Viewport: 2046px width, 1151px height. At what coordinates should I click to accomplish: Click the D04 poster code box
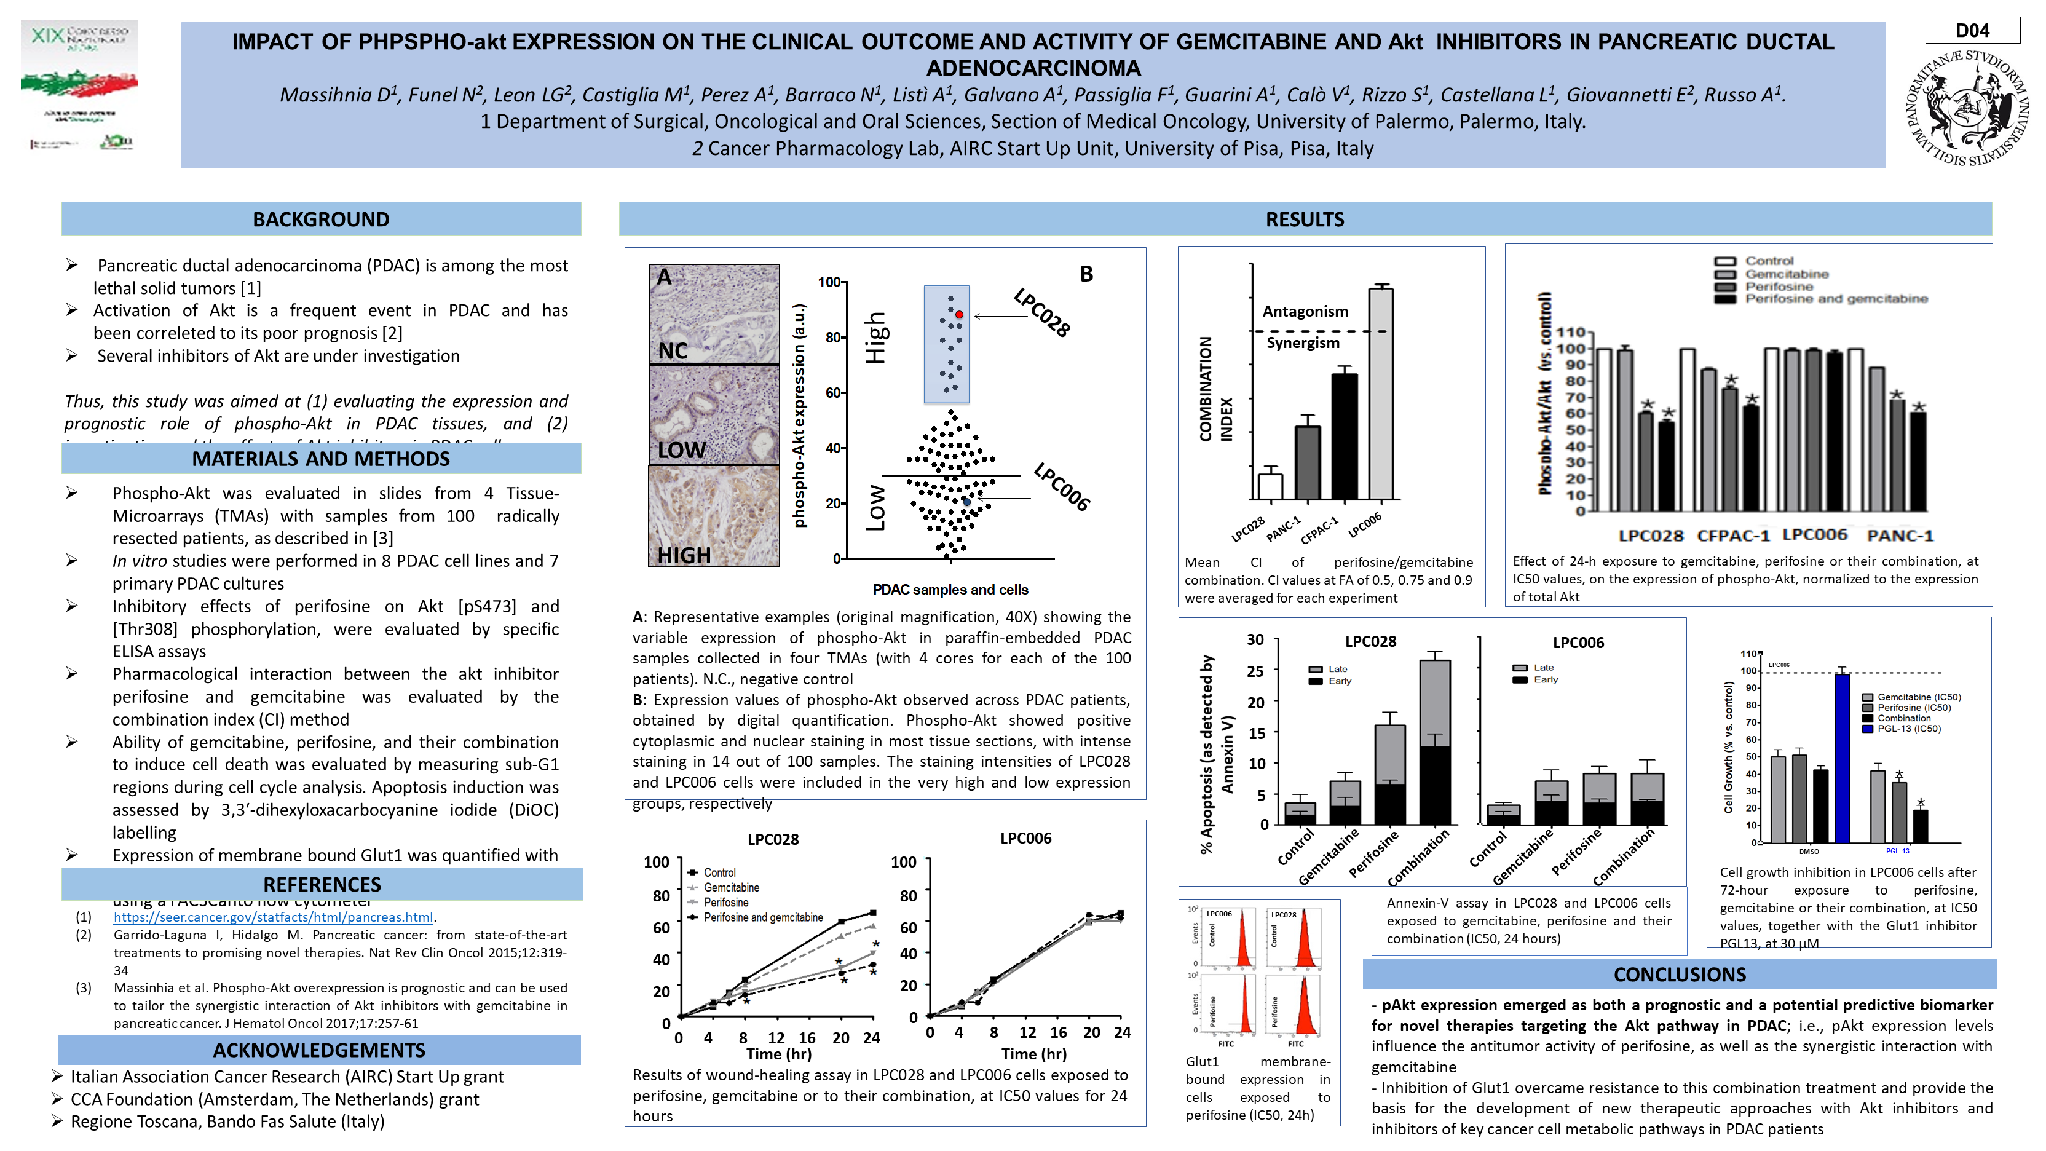click(x=1972, y=31)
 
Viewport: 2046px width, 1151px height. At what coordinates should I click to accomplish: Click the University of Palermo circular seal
click(x=1967, y=107)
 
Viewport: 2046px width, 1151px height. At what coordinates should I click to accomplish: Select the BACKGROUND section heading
click(x=321, y=220)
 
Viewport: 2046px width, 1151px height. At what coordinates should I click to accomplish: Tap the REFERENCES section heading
click(x=322, y=884)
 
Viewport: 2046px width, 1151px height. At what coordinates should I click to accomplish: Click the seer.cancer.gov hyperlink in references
click(x=273, y=917)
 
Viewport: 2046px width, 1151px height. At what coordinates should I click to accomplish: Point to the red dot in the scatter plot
click(x=960, y=315)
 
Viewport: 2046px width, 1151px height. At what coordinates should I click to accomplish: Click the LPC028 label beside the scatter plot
click(x=1041, y=313)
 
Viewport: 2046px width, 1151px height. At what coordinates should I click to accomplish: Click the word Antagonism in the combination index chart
click(x=1305, y=311)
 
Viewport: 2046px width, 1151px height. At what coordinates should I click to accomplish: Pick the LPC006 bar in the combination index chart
click(x=1380, y=394)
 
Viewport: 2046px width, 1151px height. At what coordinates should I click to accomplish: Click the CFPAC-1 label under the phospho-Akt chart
click(x=1733, y=536)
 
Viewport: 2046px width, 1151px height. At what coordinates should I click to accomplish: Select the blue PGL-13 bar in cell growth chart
click(x=1842, y=757)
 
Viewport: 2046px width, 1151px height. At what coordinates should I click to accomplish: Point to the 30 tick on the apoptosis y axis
click(x=1255, y=639)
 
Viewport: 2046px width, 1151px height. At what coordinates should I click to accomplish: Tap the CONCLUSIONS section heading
click(x=1679, y=974)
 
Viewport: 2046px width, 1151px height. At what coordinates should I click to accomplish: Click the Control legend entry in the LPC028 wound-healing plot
click(x=719, y=872)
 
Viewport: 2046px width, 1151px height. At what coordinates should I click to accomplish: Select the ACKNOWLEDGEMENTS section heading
click(x=319, y=1050)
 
